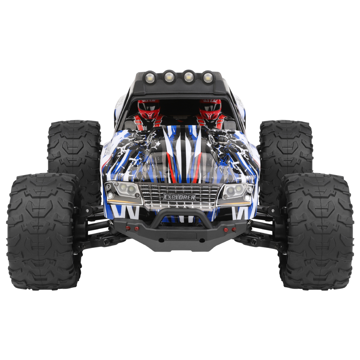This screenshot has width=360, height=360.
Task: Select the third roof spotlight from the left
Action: (189, 76)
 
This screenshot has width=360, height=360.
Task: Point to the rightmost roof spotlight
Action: (208, 77)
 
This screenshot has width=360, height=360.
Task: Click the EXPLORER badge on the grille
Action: (179, 197)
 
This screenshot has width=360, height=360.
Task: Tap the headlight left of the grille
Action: (123, 192)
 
